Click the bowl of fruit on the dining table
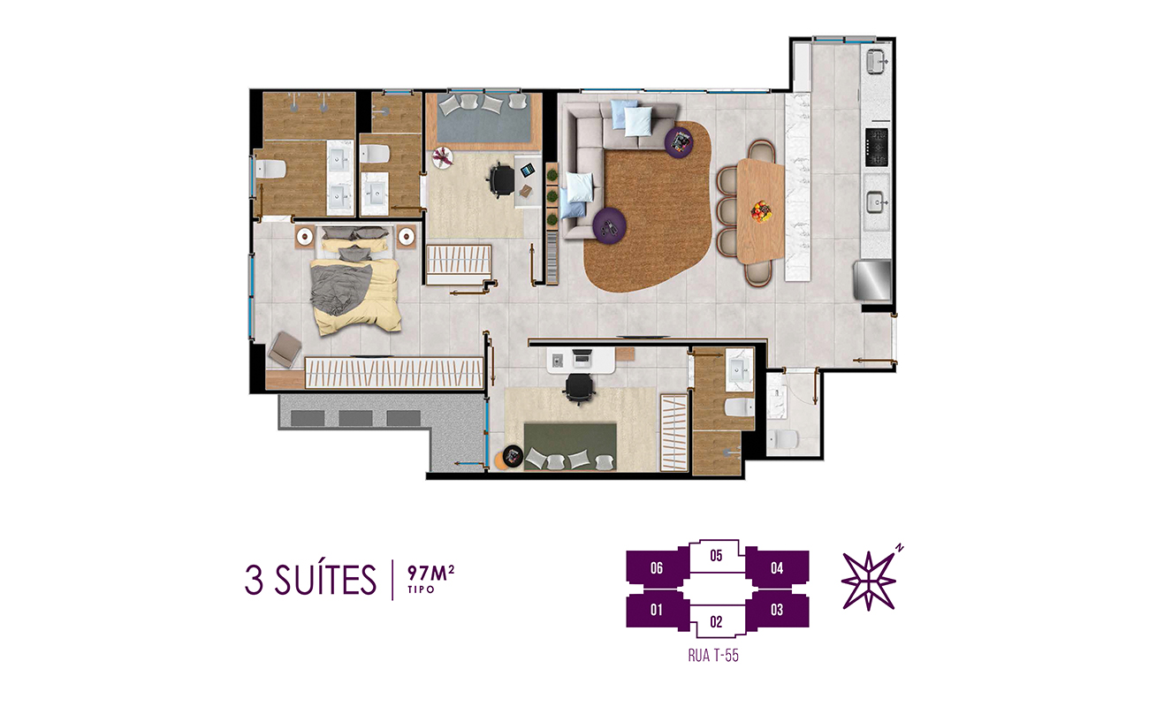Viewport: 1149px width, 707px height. (x=761, y=212)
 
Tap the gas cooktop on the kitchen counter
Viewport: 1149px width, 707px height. (x=877, y=148)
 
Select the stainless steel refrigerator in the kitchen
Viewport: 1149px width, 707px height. (x=872, y=280)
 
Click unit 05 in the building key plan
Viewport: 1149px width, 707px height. (x=717, y=556)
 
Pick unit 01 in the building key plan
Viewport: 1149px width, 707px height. (x=656, y=610)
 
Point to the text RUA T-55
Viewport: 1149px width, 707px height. (x=713, y=656)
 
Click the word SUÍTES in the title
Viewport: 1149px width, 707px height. (x=326, y=581)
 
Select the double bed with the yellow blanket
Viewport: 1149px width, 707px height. (x=355, y=281)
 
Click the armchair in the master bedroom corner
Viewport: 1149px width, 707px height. (x=285, y=349)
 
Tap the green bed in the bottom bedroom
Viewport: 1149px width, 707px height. (x=570, y=446)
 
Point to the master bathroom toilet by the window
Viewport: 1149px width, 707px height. (x=270, y=169)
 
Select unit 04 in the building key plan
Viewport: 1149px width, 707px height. (x=777, y=568)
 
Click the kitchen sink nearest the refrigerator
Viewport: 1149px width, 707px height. (x=877, y=202)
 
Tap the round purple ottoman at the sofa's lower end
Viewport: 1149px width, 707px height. (x=609, y=225)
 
